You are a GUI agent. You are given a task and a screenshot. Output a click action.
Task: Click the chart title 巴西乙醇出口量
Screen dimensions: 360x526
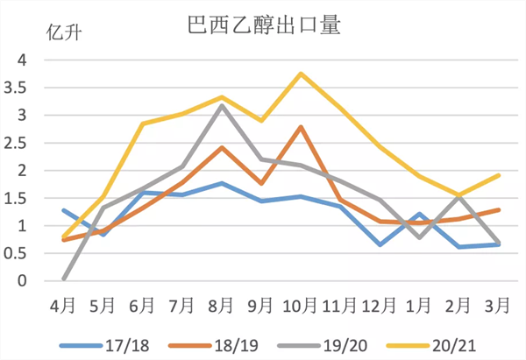coord(264,23)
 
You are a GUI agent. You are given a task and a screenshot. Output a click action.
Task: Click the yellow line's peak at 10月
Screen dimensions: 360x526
coord(302,74)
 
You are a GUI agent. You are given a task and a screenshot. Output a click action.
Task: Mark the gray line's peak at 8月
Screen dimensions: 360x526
coord(222,105)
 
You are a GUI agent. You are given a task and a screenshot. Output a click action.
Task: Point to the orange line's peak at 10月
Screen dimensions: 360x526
coord(302,127)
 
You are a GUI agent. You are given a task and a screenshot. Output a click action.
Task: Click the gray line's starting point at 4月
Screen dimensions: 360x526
coord(64,279)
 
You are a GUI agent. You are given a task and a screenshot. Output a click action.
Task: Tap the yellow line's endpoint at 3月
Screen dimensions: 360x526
coord(500,175)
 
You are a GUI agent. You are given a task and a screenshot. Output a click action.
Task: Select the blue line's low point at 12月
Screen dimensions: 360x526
coord(380,244)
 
